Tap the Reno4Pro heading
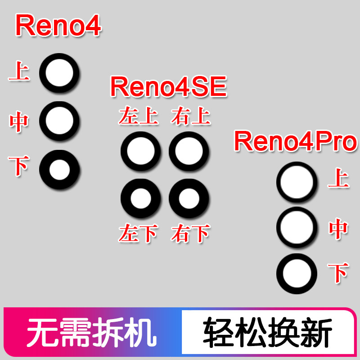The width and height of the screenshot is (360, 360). point(295,142)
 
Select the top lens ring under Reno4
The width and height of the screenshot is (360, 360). point(59,72)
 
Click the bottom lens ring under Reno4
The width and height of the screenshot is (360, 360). point(59,170)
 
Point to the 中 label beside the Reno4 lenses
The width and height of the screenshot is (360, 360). point(19,121)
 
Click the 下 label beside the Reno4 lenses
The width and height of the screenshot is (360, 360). point(19,165)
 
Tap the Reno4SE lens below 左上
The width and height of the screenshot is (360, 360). point(140,151)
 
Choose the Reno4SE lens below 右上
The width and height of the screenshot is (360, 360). point(189,151)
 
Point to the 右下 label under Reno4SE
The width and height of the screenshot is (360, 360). point(191,234)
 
